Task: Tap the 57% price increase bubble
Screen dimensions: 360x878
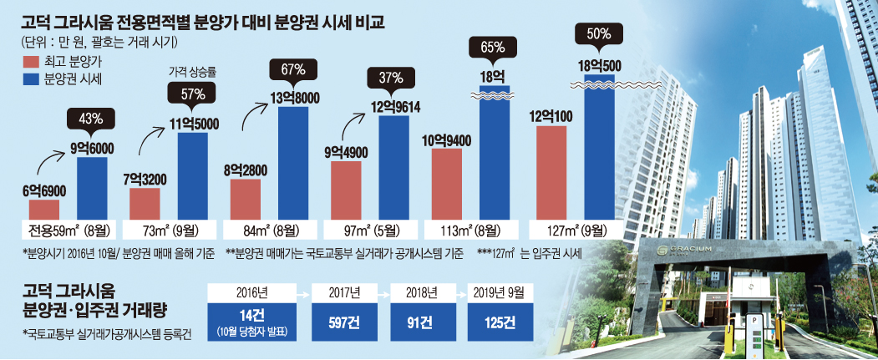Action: (x=192, y=94)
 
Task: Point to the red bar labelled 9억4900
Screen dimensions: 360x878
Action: (x=347, y=189)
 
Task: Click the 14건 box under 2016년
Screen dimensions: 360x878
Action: (x=250, y=322)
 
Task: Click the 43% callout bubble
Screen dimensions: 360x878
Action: (x=91, y=120)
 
